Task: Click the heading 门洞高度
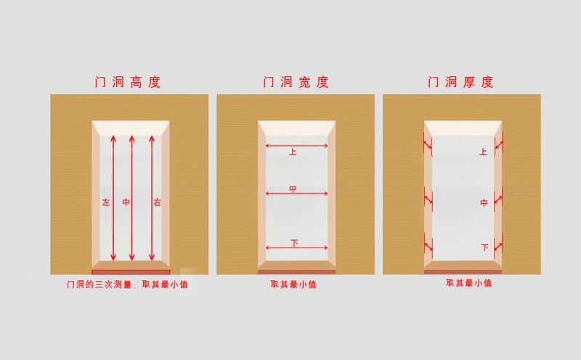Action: [x=128, y=82]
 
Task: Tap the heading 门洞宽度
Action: [x=296, y=82]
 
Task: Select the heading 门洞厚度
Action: [x=460, y=82]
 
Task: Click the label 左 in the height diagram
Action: [x=106, y=202]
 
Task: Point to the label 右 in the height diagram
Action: [x=158, y=202]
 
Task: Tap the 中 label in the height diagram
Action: [x=126, y=202]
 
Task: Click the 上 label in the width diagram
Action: [x=293, y=152]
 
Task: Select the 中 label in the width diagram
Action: [x=293, y=189]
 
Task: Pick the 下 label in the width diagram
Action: [x=294, y=243]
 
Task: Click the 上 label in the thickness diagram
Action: [x=483, y=152]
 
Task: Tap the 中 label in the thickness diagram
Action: [x=484, y=202]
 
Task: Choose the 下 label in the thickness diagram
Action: [x=484, y=247]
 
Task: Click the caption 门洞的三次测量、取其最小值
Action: [x=128, y=285]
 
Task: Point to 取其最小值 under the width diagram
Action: [x=293, y=285]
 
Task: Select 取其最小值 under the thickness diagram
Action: [x=468, y=283]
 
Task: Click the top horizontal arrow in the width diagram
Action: [x=297, y=146]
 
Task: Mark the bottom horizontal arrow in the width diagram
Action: [x=297, y=247]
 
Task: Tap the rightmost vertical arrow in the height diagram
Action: [x=152, y=198]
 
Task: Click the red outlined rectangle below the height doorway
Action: [x=131, y=272]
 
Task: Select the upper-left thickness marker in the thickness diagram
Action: [x=428, y=144]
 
